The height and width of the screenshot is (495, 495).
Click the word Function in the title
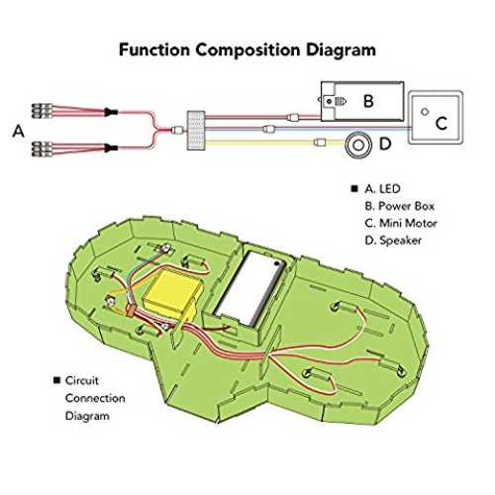(154, 49)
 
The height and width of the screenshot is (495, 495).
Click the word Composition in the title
(247, 50)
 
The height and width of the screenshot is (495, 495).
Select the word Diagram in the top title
(341, 50)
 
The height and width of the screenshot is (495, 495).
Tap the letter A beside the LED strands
(19, 131)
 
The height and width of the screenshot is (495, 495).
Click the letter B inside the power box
(368, 101)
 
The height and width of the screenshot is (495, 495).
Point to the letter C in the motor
(442, 124)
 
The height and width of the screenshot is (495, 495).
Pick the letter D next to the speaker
(385, 144)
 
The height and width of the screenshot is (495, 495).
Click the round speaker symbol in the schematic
(358, 146)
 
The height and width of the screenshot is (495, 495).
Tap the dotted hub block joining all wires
(196, 131)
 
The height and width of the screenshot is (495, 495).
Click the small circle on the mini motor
(425, 112)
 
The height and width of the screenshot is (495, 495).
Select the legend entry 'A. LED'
(382, 189)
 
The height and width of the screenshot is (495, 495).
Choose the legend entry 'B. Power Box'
(400, 206)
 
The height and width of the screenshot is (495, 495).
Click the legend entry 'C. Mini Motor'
(401, 223)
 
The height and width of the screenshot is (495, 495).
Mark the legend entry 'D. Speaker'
(393, 241)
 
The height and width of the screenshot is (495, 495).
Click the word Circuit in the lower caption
(82, 380)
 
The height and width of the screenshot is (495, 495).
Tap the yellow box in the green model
(172, 293)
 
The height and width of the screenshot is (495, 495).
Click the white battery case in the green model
(248, 288)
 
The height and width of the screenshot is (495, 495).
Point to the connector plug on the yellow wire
(320, 143)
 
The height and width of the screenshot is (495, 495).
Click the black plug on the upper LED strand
(111, 112)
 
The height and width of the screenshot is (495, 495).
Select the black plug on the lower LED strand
(111, 148)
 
